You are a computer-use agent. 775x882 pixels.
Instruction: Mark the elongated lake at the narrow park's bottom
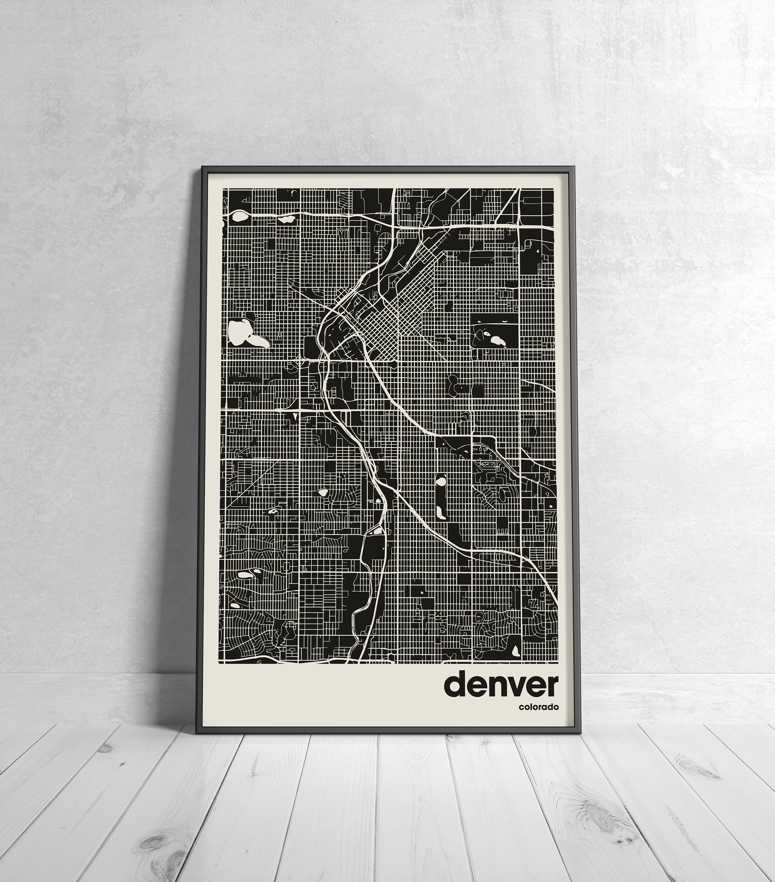(x=439, y=513)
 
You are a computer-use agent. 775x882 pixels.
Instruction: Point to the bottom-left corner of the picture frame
(x=197, y=732)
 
